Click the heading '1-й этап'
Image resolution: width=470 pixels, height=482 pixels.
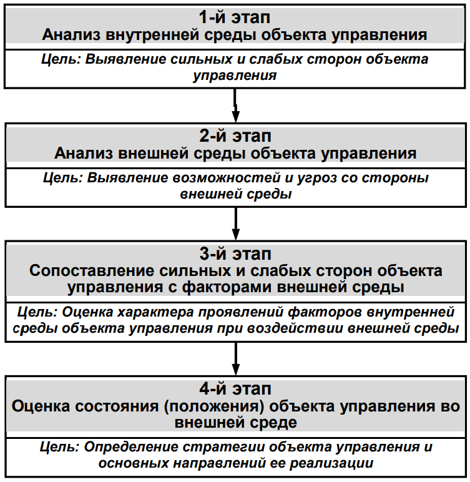pyautogui.click(x=235, y=17)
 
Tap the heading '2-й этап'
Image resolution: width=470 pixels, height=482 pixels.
pyautogui.click(x=235, y=135)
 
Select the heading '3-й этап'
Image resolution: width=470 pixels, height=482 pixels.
pyautogui.click(x=235, y=254)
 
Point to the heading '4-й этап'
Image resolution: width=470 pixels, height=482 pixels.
pyautogui.click(x=235, y=389)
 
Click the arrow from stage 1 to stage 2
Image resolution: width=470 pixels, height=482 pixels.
pyautogui.click(x=235, y=105)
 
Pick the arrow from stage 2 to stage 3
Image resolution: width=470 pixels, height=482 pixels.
pyautogui.click(x=235, y=224)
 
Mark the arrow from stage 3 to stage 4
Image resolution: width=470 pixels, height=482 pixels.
pyautogui.click(x=235, y=358)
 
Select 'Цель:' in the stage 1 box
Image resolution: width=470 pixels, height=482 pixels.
pyautogui.click(x=61, y=61)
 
